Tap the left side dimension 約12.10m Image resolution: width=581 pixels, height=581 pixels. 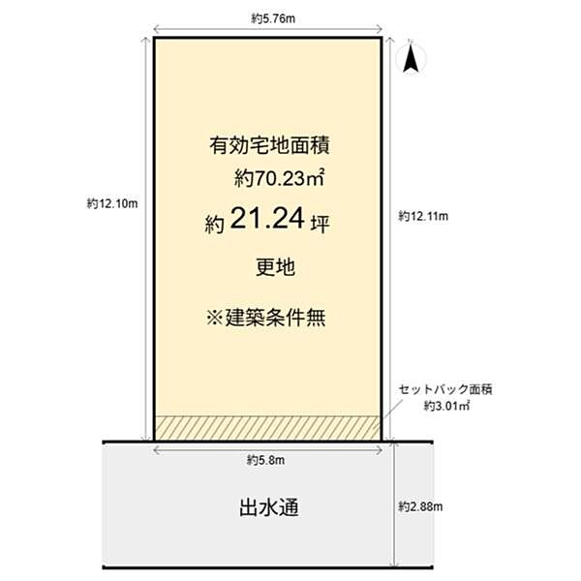[x=113, y=203]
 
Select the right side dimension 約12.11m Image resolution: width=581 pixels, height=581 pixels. [x=423, y=217]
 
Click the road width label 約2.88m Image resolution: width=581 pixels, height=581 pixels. [x=423, y=506]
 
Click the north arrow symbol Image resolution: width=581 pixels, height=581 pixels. [x=410, y=61]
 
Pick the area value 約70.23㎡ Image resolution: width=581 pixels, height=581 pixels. [x=276, y=177]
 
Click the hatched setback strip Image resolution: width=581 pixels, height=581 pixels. [x=266, y=427]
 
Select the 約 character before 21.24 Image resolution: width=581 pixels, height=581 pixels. [x=215, y=224]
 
